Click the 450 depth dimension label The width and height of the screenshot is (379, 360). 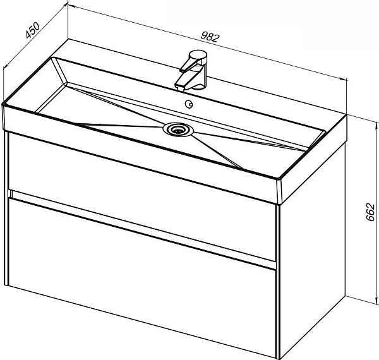tap(32, 30)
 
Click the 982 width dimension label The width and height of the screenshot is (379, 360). tap(210, 37)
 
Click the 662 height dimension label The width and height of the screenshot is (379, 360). tap(370, 212)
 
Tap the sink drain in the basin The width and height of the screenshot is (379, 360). tap(178, 130)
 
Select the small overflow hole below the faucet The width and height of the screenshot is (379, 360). tap(189, 104)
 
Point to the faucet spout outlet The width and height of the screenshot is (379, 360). tap(180, 87)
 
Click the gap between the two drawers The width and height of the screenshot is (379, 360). tap(143, 227)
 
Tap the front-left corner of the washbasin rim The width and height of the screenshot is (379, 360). tap(3, 105)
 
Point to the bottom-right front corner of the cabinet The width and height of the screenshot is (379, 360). tap(277, 359)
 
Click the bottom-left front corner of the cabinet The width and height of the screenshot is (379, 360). tap(6, 285)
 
